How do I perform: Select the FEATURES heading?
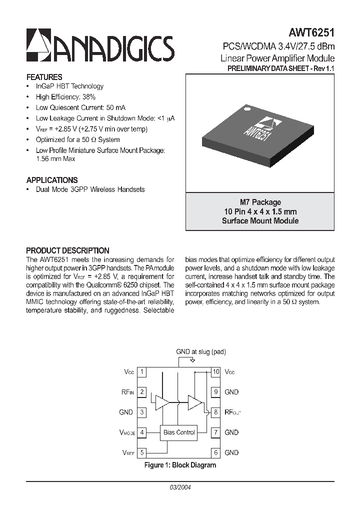(x=44, y=77)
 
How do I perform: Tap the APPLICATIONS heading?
(x=51, y=180)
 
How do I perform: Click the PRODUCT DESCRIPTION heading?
(x=67, y=250)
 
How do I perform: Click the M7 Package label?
(x=260, y=202)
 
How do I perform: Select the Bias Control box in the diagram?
(x=179, y=432)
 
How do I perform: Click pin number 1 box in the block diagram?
(x=142, y=372)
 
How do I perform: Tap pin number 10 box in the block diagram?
(x=216, y=372)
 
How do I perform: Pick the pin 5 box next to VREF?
(x=142, y=452)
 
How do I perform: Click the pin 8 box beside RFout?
(x=216, y=412)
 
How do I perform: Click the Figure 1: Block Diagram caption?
(x=180, y=465)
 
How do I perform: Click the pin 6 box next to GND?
(x=216, y=452)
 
